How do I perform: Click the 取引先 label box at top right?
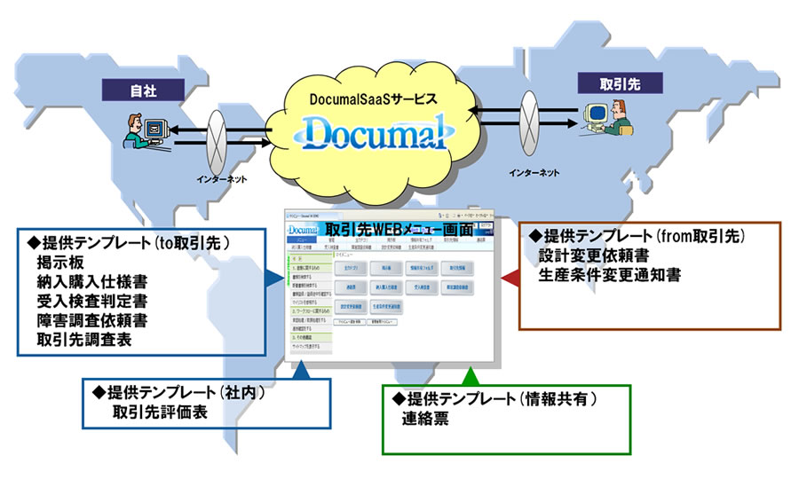pyautogui.click(x=612, y=82)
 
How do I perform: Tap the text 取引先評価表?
pyautogui.click(x=159, y=413)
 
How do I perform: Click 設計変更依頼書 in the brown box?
pyautogui.click(x=589, y=257)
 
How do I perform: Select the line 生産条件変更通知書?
pyautogui.click(x=610, y=275)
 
